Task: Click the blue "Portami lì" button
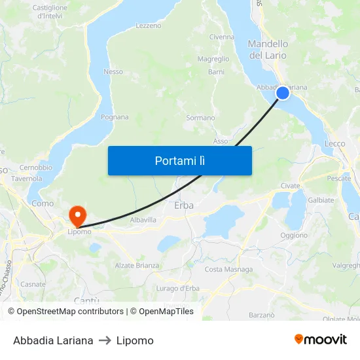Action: (x=179, y=160)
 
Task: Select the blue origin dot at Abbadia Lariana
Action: (x=282, y=93)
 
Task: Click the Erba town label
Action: (x=184, y=206)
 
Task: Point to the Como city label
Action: (x=43, y=204)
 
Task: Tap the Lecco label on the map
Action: (x=334, y=143)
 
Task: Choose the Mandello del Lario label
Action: (x=268, y=50)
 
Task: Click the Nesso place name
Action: (x=113, y=72)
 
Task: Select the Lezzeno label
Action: (x=148, y=26)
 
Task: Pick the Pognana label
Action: (x=115, y=117)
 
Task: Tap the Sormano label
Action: (x=200, y=118)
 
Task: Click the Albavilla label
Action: (x=143, y=220)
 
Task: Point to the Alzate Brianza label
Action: (x=137, y=265)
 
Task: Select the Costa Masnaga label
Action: (x=228, y=269)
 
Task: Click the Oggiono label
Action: (x=293, y=235)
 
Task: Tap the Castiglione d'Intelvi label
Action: (x=50, y=11)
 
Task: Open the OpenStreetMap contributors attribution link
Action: (x=65, y=312)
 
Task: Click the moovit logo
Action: (x=320, y=340)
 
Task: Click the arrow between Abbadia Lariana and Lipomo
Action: (x=105, y=340)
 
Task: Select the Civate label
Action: (x=290, y=186)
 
